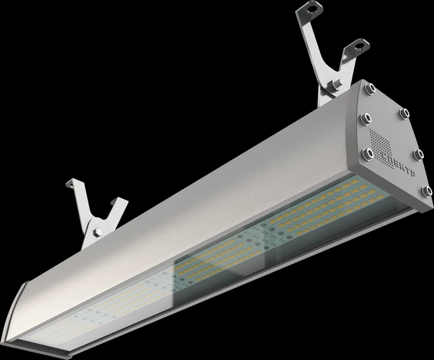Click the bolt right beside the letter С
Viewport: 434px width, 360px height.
[368, 154]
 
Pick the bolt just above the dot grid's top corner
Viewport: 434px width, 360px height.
[366, 119]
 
